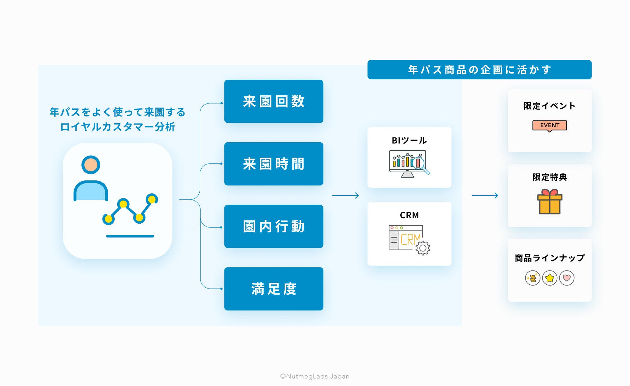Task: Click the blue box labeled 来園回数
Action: coord(274,101)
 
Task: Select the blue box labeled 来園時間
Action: coord(274,164)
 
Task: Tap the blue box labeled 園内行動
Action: coord(274,226)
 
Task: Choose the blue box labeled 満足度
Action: coord(274,289)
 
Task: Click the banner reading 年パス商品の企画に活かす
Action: coord(479,70)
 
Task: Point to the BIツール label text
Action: coord(409,140)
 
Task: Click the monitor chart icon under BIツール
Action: coord(408,163)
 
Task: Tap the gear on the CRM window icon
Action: coord(423,248)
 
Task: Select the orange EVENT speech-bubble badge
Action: coord(550,126)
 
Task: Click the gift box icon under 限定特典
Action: coord(550,202)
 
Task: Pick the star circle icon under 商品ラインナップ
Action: coord(550,278)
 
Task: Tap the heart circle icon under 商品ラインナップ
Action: coord(567,278)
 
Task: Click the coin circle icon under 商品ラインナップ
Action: coord(532,278)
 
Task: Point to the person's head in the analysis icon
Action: coord(91,165)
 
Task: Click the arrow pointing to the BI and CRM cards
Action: coord(345,195)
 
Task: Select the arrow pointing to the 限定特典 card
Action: coord(485,195)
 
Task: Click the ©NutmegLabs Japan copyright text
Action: coord(315,376)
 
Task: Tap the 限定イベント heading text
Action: coord(550,106)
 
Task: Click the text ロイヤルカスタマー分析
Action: coord(118,127)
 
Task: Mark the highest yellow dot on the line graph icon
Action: coord(152,199)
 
